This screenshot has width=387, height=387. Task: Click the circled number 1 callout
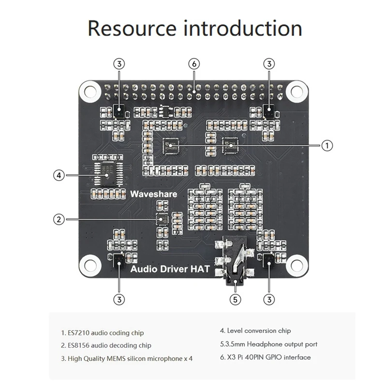point(327,145)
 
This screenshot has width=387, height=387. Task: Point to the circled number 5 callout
point(235,299)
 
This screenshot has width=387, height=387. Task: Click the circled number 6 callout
point(194,63)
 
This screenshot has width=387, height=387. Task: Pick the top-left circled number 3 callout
point(119,63)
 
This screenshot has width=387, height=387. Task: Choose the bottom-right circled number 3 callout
point(269,299)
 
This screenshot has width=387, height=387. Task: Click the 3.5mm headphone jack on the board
point(235,264)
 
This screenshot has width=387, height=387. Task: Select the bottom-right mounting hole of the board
point(294,264)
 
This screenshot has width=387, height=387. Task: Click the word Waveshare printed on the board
point(154,194)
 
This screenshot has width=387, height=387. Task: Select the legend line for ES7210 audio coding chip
point(102,333)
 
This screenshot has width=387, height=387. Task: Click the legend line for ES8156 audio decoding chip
point(105,345)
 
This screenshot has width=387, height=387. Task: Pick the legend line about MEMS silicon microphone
point(126,358)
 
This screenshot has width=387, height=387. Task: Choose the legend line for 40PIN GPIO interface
point(265,357)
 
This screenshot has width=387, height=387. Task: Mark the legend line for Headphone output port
point(268,344)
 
